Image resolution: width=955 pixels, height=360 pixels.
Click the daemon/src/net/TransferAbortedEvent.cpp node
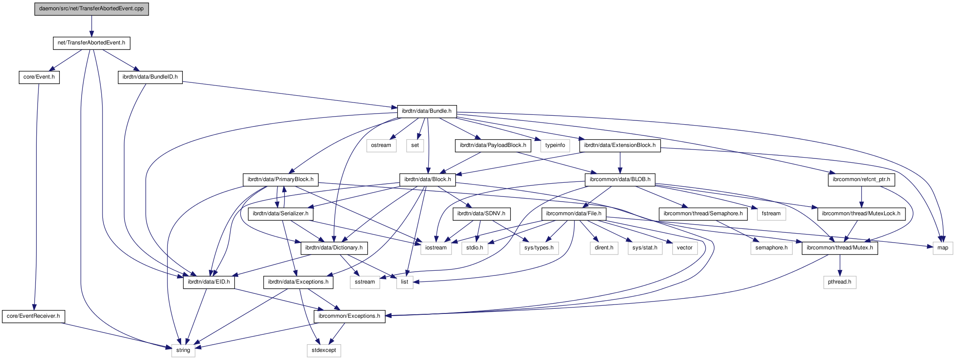(91, 9)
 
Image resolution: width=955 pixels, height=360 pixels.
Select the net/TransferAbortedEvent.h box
(91, 43)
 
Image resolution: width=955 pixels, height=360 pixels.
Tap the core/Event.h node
(39, 77)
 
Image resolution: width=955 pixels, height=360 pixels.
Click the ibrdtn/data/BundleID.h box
(150, 77)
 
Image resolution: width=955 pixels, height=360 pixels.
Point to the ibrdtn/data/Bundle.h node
(427, 111)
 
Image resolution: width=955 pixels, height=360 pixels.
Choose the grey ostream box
(381, 146)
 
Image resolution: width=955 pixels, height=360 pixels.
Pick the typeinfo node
(555, 146)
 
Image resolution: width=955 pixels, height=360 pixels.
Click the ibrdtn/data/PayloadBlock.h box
(493, 146)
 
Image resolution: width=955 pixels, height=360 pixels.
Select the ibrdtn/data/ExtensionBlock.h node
(620, 146)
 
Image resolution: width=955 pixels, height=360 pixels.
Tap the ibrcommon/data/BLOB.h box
(620, 180)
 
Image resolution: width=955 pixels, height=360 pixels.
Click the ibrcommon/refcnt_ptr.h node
(861, 180)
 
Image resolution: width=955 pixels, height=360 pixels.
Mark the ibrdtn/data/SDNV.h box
(481, 214)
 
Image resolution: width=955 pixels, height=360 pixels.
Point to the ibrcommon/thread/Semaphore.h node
(703, 214)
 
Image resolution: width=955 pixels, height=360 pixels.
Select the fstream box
(771, 214)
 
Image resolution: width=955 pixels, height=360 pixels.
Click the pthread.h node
(839, 282)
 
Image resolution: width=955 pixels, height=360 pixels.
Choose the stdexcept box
(324, 351)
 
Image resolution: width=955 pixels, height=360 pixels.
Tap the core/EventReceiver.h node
(33, 316)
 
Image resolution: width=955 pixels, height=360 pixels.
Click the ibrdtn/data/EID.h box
(209, 282)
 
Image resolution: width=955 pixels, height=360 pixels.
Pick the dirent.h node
(604, 248)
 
